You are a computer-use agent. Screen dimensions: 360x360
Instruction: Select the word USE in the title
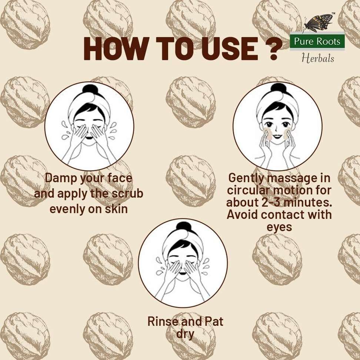click(x=230, y=49)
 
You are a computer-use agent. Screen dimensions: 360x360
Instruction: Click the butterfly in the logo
click(x=319, y=23)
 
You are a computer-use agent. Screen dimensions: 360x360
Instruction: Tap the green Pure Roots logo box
click(x=317, y=41)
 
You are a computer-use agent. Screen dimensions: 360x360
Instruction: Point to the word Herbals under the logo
click(x=318, y=58)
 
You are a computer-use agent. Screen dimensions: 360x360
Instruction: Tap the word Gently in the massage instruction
click(x=246, y=179)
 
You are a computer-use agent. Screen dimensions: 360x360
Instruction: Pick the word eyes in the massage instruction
click(x=279, y=227)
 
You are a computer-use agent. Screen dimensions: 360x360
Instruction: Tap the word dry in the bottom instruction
click(x=185, y=334)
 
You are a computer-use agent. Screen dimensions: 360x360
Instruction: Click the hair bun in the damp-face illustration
click(x=90, y=89)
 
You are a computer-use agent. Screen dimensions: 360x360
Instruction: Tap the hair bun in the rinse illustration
click(x=183, y=226)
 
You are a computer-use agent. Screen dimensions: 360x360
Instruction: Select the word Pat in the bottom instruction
click(x=214, y=321)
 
